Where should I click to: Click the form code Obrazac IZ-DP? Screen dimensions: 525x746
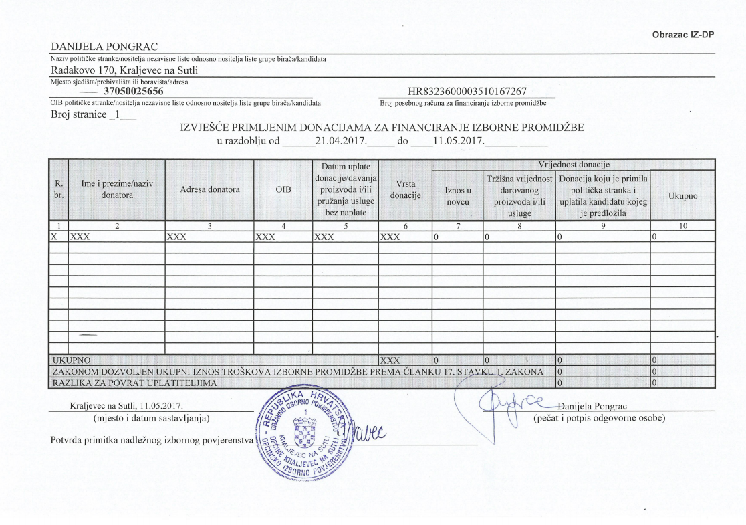683,35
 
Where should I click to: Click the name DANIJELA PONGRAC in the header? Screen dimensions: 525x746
104,46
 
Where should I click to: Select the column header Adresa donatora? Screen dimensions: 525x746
209,189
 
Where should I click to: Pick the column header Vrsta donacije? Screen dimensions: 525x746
405,189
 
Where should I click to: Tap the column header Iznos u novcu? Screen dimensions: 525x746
457,195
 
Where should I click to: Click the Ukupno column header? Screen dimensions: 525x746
682,195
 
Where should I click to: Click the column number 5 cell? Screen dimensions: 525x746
345,226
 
